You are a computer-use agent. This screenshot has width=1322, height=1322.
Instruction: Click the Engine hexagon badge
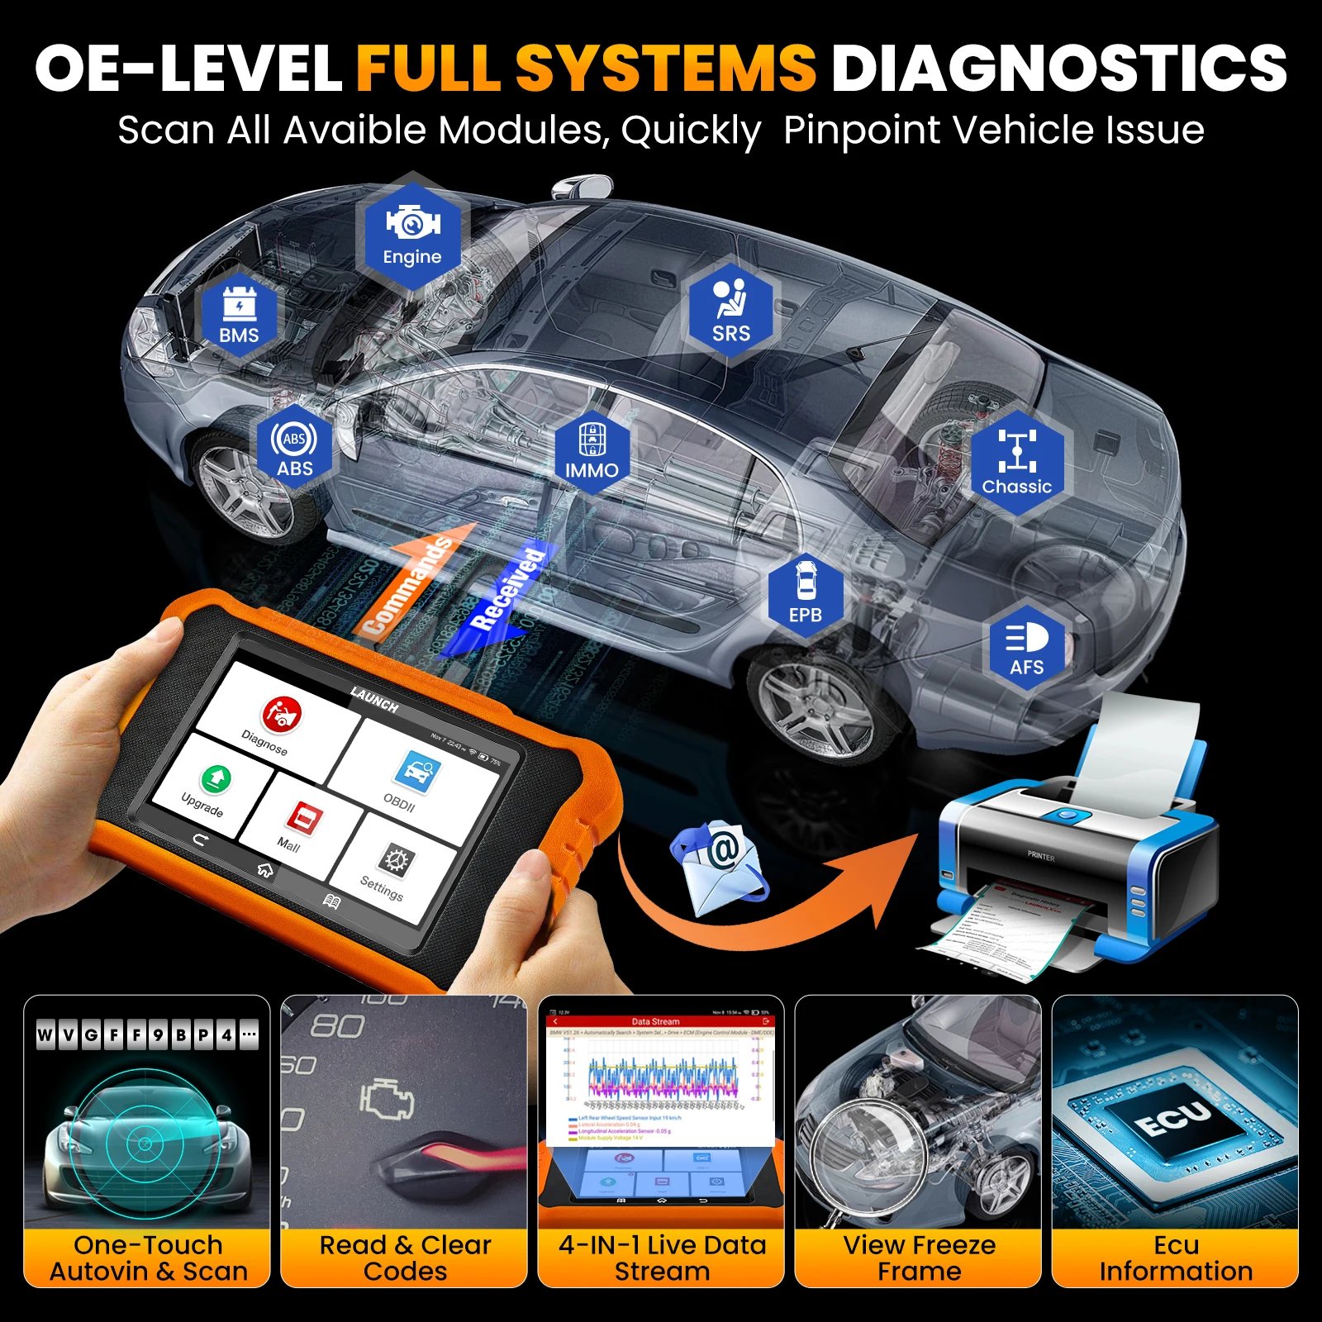tap(412, 231)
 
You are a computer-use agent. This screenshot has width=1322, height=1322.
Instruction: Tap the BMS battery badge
tap(239, 314)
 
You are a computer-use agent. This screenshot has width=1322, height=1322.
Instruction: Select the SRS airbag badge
tap(731, 311)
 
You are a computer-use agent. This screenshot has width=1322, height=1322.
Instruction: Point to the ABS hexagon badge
tap(295, 450)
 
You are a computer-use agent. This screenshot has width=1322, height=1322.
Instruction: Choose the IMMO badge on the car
tap(592, 451)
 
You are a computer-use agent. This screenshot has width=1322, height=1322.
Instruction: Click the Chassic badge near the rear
tap(1016, 463)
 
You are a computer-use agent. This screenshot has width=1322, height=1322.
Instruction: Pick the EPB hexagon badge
tap(806, 593)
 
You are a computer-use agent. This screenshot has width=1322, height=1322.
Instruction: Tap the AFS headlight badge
tap(1026, 649)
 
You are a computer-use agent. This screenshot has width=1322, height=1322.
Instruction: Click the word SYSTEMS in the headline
tap(666, 68)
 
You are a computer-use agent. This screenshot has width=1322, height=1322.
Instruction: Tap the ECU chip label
tap(1173, 1120)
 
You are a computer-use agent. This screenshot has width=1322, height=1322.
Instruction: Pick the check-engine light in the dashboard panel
tap(387, 1099)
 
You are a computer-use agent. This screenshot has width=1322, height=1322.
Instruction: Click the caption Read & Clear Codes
tap(405, 1258)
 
